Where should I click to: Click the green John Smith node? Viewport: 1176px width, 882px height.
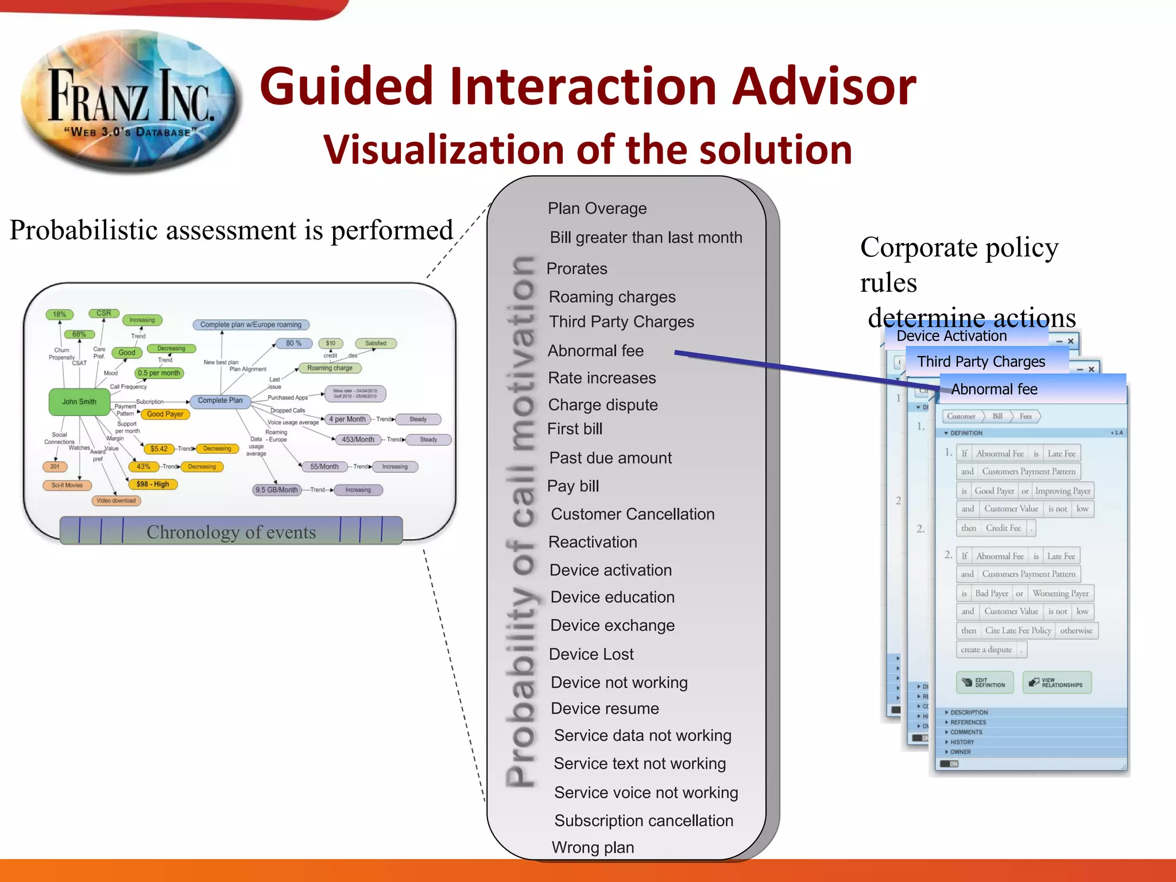tap(79, 401)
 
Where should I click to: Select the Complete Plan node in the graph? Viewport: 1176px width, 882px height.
tap(220, 400)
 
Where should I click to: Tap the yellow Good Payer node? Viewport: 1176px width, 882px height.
tap(165, 414)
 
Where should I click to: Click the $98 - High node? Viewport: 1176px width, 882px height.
tap(153, 484)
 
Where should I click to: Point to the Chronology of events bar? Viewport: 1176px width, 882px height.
tap(231, 531)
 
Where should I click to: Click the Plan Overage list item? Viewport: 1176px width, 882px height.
tap(597, 208)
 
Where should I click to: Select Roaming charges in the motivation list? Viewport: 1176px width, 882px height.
tap(612, 297)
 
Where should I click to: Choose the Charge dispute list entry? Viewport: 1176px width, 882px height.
tap(602, 405)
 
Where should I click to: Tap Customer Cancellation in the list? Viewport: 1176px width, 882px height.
tap(632, 514)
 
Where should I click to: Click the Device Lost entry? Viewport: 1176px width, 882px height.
tap(591, 654)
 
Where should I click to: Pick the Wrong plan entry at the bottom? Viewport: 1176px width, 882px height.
tap(593, 848)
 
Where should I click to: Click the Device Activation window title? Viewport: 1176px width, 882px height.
tap(951, 336)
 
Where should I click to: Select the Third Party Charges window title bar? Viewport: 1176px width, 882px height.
tap(981, 362)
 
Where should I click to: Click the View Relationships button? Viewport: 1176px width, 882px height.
tap(1057, 683)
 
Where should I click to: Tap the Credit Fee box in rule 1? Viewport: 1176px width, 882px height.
tap(1003, 528)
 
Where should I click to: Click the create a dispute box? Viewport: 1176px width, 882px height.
tap(986, 649)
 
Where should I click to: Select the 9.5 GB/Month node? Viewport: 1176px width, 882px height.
tap(277, 490)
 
